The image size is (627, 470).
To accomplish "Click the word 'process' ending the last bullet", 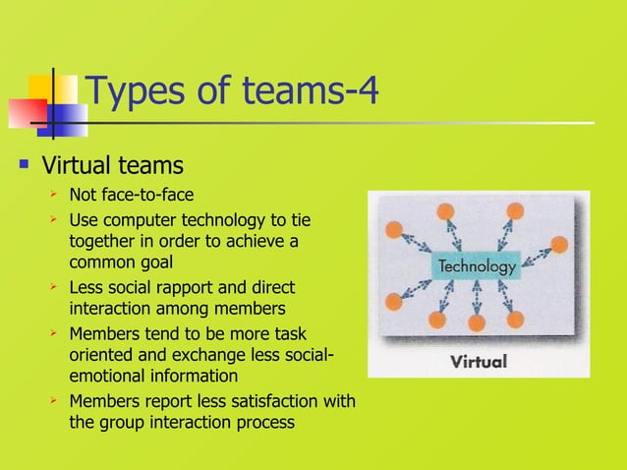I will (264, 423).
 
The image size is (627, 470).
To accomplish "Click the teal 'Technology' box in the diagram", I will (477, 266).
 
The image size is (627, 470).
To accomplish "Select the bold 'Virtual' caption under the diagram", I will (478, 361).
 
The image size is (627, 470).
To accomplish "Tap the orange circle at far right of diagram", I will (559, 244).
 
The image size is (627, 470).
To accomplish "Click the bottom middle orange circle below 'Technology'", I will (477, 322).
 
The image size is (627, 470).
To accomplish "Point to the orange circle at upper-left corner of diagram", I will (395, 230).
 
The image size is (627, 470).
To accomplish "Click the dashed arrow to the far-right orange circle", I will (537, 255).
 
